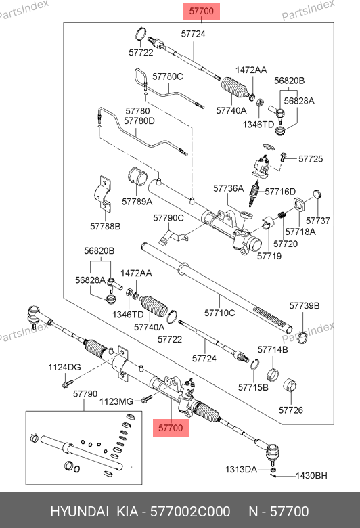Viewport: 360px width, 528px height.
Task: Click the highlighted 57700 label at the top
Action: click(x=202, y=12)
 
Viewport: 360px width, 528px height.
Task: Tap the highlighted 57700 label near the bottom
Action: click(x=171, y=428)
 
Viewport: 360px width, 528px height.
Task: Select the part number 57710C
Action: click(x=219, y=313)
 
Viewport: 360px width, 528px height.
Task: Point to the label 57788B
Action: click(x=106, y=226)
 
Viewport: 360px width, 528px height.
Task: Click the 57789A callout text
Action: click(x=137, y=201)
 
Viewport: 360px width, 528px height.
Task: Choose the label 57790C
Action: click(x=168, y=218)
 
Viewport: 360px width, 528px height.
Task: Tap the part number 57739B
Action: click(x=305, y=305)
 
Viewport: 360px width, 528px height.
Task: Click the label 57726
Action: click(x=291, y=410)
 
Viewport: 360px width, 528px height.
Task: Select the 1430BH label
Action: click(x=311, y=475)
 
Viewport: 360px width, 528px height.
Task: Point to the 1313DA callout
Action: click(x=241, y=469)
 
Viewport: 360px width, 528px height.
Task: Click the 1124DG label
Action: click(x=65, y=367)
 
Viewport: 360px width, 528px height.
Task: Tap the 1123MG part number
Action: click(x=116, y=401)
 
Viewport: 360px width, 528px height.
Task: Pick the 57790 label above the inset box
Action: click(x=85, y=393)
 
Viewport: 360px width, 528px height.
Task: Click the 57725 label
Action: click(x=311, y=158)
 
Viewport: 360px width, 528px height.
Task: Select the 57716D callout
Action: click(x=280, y=192)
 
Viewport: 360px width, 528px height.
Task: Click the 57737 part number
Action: click(x=318, y=220)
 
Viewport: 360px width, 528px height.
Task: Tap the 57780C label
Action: click(x=168, y=76)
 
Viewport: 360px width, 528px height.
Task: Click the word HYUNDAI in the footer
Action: click(x=79, y=512)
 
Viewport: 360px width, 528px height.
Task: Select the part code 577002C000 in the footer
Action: click(x=190, y=512)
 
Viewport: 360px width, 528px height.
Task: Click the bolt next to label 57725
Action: click(x=283, y=156)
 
